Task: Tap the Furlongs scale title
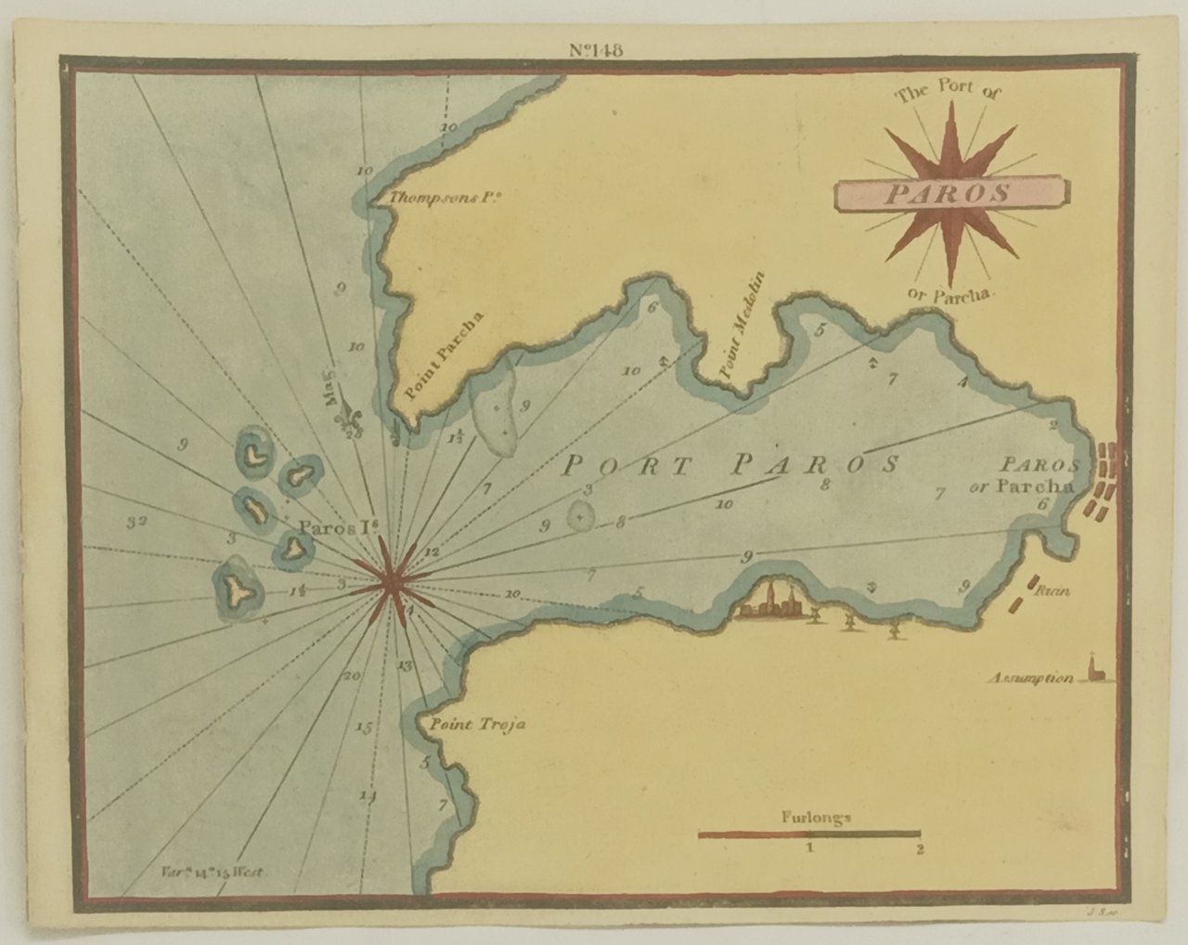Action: click(810, 819)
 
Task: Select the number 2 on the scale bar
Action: click(919, 848)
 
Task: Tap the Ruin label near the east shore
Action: click(1047, 590)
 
